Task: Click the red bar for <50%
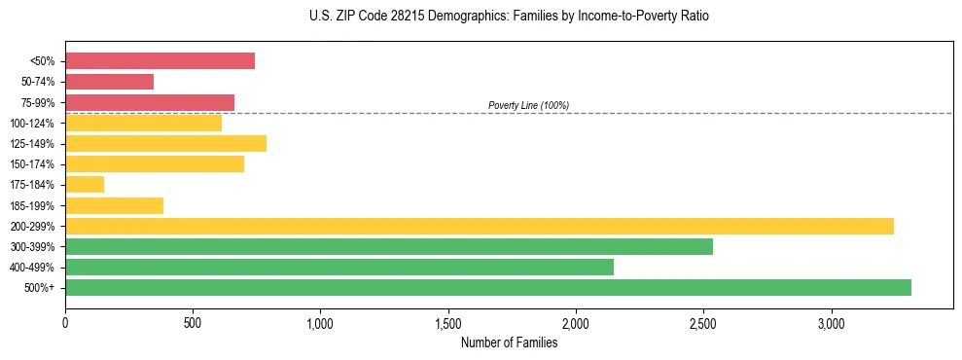pyautogui.click(x=160, y=60)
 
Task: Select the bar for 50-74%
pyautogui.click(x=109, y=82)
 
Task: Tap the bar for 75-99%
pyautogui.click(x=150, y=102)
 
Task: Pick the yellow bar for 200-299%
pyautogui.click(x=479, y=226)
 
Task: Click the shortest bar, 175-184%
pyautogui.click(x=85, y=185)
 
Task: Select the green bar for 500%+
pyautogui.click(x=487, y=287)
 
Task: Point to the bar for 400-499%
pyautogui.click(x=338, y=267)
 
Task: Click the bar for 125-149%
pyautogui.click(x=165, y=144)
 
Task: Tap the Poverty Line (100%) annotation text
pyautogui.click(x=528, y=105)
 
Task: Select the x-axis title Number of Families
pyautogui.click(x=509, y=342)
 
